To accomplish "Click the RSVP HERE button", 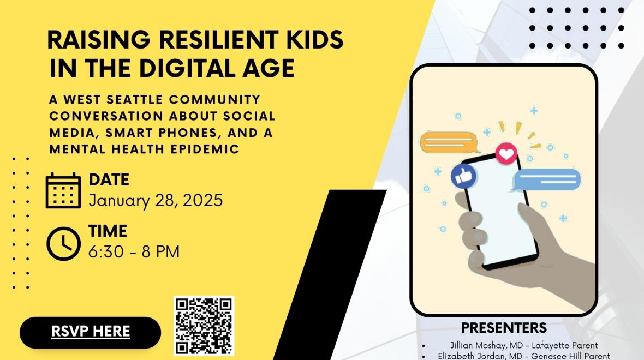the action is (91, 332).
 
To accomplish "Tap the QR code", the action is (204, 326).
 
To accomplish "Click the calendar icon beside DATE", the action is (63, 190).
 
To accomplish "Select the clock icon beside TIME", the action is (63, 243).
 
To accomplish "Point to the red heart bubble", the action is (506, 153).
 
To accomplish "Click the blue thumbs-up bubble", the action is (463, 177).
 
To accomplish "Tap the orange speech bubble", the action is (449, 142).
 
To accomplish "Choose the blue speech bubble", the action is (547, 180).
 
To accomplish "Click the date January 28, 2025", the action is (156, 201).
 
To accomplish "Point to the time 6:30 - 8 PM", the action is (134, 251).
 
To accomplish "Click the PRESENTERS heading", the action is (504, 328).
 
